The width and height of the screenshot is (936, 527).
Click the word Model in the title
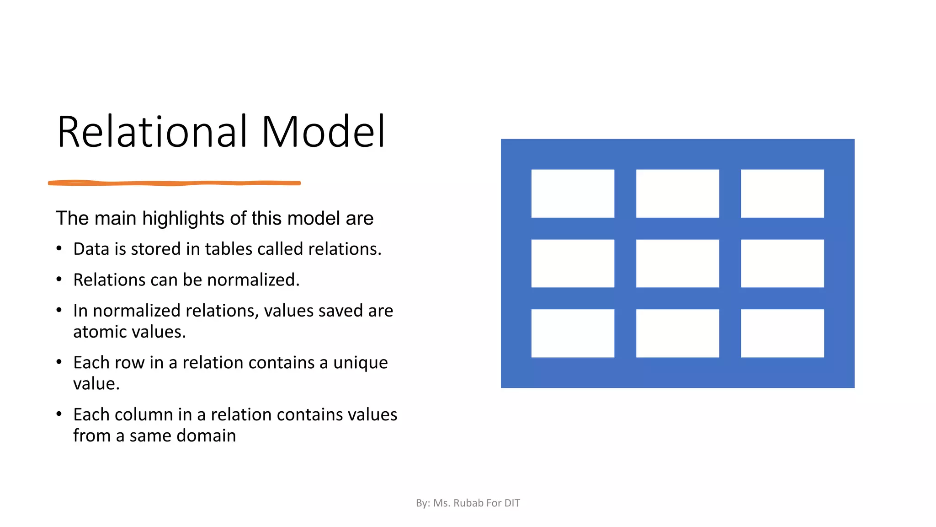323,132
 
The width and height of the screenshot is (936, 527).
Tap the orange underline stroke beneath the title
174,183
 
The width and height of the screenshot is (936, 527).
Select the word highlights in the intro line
184,219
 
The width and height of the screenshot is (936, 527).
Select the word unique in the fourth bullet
360,363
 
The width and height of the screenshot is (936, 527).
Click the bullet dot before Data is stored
59,248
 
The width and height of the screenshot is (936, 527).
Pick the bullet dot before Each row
59,362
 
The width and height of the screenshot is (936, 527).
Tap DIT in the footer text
512,503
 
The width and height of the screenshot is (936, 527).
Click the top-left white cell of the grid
573,194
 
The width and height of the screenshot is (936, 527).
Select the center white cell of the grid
677,263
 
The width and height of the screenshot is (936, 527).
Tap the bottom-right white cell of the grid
782,333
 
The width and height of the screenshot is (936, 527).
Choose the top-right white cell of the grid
782,194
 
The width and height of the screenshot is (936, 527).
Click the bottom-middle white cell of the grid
677,333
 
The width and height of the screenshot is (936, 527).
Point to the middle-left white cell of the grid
573,263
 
